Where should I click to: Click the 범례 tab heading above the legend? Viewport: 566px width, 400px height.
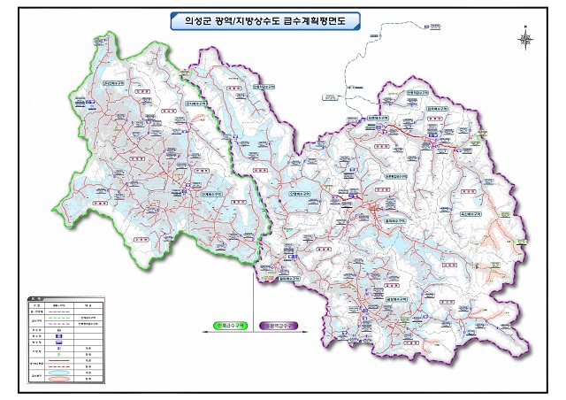click(x=34, y=297)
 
